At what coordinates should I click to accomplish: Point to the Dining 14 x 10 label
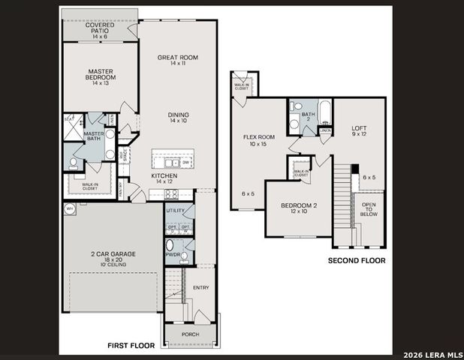coord(177,118)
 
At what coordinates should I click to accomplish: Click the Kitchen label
coord(164,178)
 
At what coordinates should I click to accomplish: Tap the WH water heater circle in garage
coord(70,210)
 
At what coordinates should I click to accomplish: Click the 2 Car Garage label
coord(113,257)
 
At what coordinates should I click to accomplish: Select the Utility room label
coord(175,211)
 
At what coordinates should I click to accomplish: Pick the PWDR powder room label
coord(173,254)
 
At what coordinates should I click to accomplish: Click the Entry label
coord(201,287)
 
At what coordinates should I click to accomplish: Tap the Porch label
coord(191,334)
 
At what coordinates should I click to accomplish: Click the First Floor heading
coord(131,346)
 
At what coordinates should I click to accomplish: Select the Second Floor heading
coord(356,260)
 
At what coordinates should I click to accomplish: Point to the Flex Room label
coord(259,140)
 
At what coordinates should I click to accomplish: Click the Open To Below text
coord(369,208)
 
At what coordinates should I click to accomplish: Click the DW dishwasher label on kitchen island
coord(185,161)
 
